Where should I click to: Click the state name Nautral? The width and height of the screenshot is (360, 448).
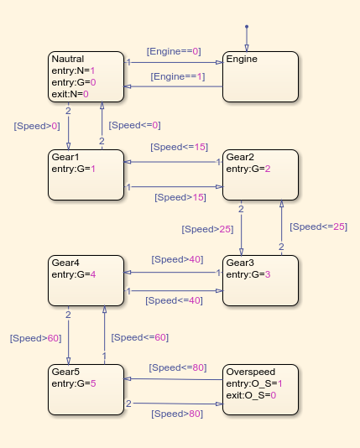click(68, 60)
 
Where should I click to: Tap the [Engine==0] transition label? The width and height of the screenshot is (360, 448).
click(174, 52)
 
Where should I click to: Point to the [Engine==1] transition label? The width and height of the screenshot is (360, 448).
click(177, 77)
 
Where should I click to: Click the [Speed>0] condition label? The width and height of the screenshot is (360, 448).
click(37, 126)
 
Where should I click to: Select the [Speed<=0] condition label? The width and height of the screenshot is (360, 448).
click(133, 126)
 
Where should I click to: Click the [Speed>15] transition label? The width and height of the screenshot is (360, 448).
click(180, 198)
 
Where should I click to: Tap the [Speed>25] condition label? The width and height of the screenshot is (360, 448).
click(206, 228)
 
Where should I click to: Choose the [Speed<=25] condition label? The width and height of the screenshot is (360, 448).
click(318, 227)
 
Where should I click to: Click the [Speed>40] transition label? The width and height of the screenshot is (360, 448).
click(176, 259)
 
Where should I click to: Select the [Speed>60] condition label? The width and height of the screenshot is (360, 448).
click(35, 338)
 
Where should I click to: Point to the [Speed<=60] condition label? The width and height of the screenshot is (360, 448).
click(140, 337)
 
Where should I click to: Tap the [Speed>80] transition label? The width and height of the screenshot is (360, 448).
click(177, 414)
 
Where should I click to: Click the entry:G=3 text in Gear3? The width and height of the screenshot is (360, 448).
click(249, 274)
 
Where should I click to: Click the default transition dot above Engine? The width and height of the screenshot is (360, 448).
click(246, 27)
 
